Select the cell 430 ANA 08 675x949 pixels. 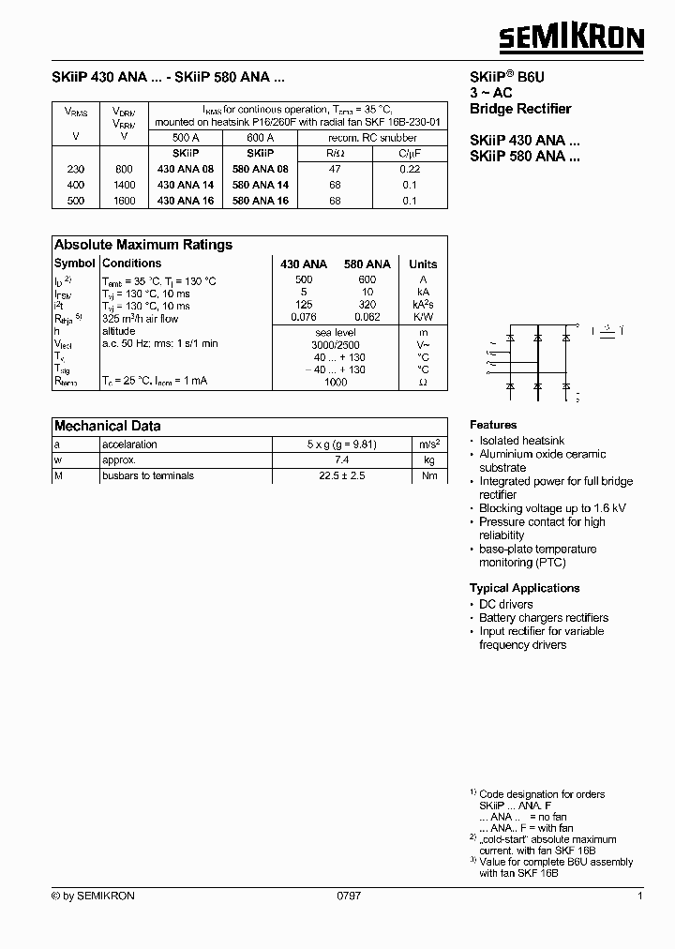[185, 169]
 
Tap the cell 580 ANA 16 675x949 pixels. [260, 200]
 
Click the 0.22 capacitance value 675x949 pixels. [409, 169]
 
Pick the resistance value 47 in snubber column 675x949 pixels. [335, 169]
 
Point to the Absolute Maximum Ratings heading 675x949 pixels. [142, 245]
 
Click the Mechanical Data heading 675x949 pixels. [107, 426]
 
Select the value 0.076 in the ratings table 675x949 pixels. [304, 318]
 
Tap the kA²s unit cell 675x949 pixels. [423, 305]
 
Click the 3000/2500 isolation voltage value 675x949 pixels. [335, 344]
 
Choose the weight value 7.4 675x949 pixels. [335, 460]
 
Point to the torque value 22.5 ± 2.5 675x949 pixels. [335, 475]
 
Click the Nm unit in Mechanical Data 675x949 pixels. [429, 475]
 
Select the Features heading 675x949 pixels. [493, 425]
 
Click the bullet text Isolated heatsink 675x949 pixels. [521, 441]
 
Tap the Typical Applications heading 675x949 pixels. [524, 588]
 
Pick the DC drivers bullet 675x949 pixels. [505, 605]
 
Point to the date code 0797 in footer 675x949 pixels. [348, 896]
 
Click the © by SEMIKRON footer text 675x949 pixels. [93, 896]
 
